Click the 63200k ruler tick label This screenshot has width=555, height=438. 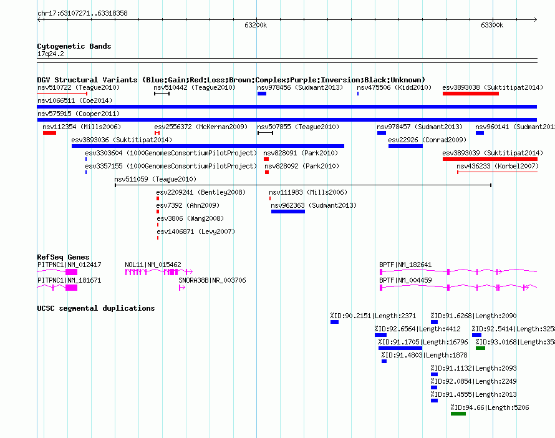256,26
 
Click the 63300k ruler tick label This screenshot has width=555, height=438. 491,26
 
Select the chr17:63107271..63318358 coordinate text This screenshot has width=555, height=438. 82,13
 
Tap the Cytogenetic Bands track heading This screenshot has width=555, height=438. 74,46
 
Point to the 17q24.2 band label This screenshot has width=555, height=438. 51,54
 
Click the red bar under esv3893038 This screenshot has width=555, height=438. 470,94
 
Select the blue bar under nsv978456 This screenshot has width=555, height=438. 262,94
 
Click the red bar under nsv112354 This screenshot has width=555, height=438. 49,133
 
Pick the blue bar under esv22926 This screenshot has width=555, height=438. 405,146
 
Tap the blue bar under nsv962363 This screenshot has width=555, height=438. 288,212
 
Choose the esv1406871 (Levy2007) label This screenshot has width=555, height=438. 195,231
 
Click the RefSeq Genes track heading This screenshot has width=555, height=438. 63,257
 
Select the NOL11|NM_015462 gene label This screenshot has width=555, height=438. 153,265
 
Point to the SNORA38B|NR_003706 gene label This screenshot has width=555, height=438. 212,280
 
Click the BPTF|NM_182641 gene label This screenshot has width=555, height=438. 405,265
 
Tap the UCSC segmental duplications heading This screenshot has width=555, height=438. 95,308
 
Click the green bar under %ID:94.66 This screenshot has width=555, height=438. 458,414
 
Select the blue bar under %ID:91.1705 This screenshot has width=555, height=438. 400,348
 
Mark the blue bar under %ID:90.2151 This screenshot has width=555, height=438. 334,322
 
